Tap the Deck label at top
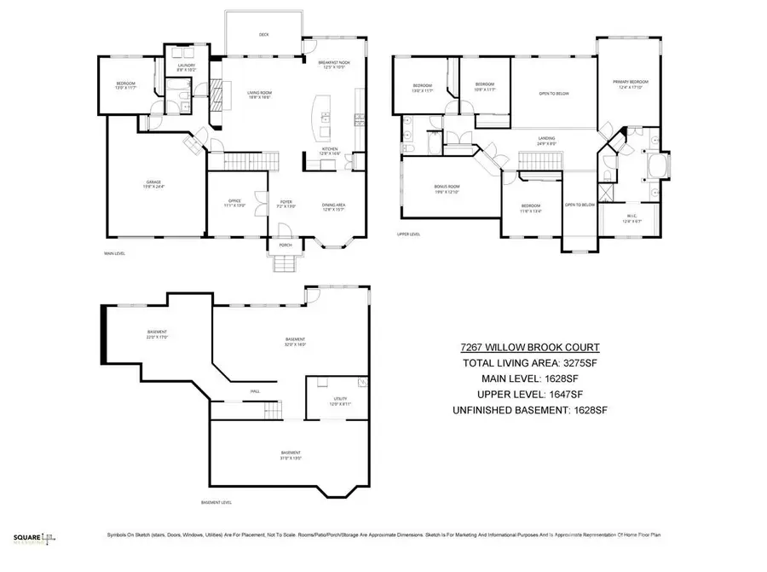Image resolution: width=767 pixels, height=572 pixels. pyautogui.click(x=264, y=35)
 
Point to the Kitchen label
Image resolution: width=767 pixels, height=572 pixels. pyautogui.click(x=329, y=151)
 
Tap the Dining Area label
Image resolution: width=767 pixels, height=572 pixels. pyautogui.click(x=333, y=205)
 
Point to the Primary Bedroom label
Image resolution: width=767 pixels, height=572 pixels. pyautogui.click(x=626, y=84)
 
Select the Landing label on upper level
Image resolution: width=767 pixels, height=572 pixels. pyautogui.click(x=546, y=142)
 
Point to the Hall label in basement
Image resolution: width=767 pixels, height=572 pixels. pyautogui.click(x=255, y=391)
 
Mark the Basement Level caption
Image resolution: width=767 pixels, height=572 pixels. pyautogui.click(x=216, y=502)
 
